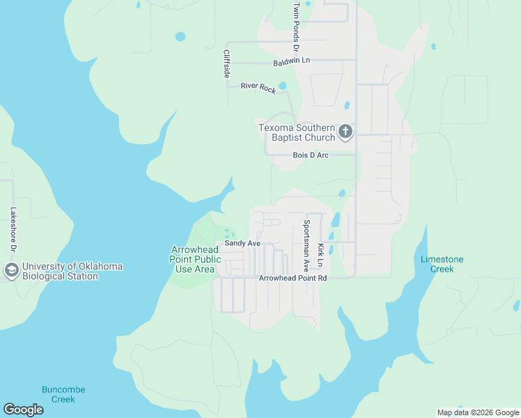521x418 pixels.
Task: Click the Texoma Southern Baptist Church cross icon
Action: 345,132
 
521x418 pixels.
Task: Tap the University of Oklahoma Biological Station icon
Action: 11,270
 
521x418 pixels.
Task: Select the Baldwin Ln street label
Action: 291,61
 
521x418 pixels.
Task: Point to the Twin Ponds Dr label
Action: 296,27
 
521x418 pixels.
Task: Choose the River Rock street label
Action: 258,87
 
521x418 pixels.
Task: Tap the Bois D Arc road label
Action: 310,155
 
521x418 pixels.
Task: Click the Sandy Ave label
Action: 242,244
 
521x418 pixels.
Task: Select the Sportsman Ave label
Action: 305,246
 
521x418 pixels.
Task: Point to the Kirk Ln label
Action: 320,256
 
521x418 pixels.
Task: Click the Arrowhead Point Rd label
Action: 293,278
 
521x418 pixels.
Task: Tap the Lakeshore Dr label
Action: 13,229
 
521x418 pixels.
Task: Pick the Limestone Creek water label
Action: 442,264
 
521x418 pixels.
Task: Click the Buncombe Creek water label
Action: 58,394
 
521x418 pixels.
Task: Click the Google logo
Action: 23,410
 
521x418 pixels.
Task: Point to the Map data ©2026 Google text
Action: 477,412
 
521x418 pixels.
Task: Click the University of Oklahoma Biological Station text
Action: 72,271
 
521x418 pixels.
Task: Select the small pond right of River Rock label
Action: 282,86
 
